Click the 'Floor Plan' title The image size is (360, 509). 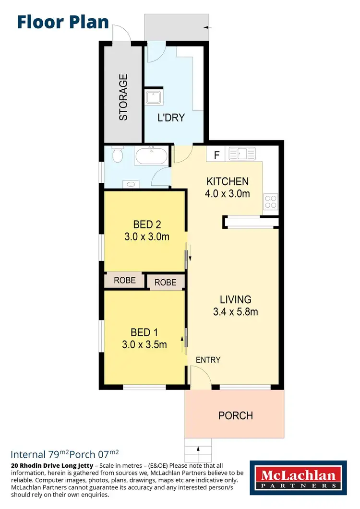(63, 22)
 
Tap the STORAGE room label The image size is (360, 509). (123, 97)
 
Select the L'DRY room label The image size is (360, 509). (171, 118)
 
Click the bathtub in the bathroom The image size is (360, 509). (151, 156)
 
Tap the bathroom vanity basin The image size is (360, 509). (131, 183)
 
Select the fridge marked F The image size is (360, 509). (216, 155)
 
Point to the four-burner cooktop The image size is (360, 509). (270, 201)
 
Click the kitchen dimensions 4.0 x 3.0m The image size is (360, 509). (228, 194)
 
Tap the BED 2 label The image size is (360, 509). (147, 225)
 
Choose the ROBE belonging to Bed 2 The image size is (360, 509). (124, 280)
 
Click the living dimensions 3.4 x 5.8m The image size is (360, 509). (235, 312)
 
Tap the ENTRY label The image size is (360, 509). (208, 359)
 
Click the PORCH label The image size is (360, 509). (235, 415)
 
